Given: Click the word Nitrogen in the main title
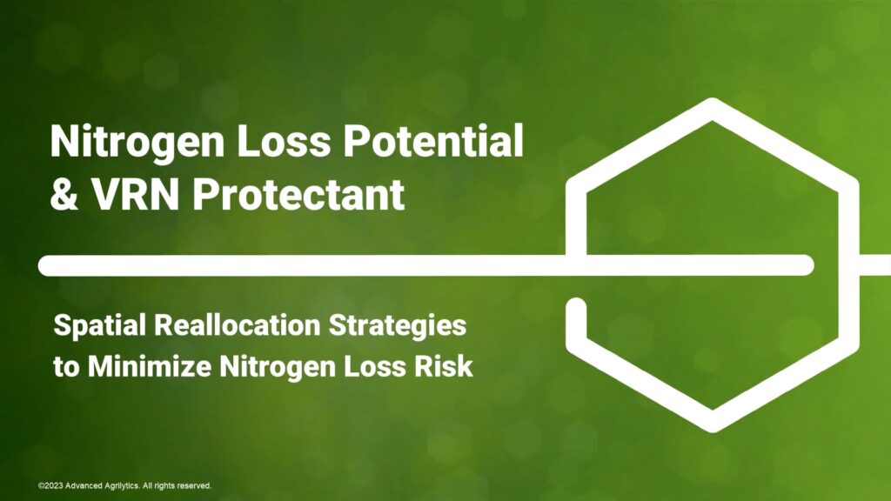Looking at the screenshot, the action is [137, 142].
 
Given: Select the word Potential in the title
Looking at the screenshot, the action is [432, 140].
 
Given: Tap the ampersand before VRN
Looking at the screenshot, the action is [64, 194].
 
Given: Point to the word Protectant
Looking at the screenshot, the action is [298, 194].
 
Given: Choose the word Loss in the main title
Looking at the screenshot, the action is [283, 140].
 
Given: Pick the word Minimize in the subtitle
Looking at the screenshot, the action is [150, 366].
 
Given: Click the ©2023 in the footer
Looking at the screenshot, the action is [50, 485].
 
